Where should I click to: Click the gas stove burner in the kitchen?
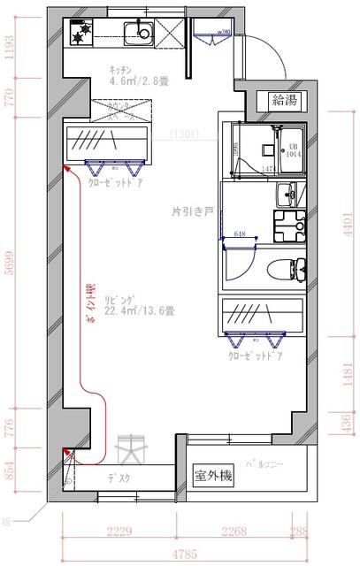pyautogui.click(x=82, y=35)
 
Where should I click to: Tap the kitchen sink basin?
pyautogui.click(x=138, y=34)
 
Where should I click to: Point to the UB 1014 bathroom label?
pyautogui.click(x=292, y=148)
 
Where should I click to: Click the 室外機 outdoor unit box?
pyautogui.click(x=213, y=476)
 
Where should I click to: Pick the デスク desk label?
pyautogui.click(x=119, y=478)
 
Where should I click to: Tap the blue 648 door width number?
pyautogui.click(x=240, y=234)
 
